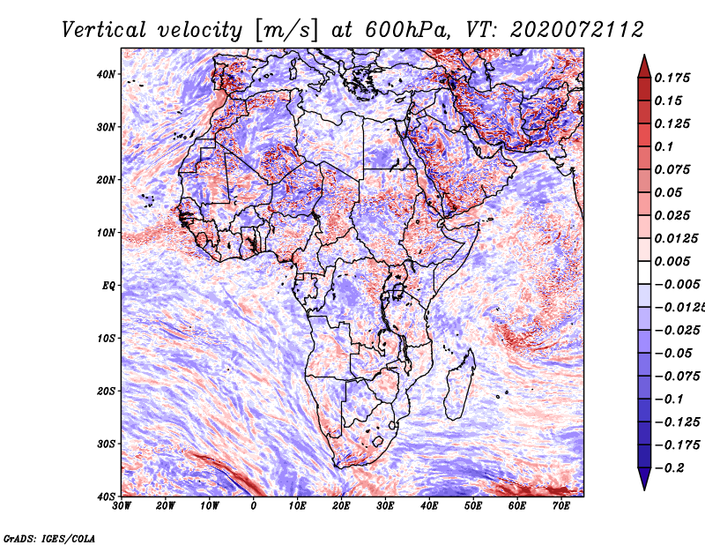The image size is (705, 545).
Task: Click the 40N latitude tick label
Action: [x=106, y=74]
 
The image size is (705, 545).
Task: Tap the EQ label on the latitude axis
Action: [x=108, y=286]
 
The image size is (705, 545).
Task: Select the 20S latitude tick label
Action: [x=106, y=391]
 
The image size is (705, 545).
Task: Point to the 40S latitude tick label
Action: [x=106, y=496]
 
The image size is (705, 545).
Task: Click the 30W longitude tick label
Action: [x=122, y=506]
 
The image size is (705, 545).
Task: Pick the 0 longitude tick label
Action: [x=253, y=506]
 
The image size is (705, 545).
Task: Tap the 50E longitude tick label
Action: [x=473, y=506]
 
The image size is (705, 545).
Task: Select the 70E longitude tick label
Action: [x=560, y=506]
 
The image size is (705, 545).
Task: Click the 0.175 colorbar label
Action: [x=672, y=78]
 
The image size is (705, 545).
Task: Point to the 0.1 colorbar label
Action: [x=664, y=146]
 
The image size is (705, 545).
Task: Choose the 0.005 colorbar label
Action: [x=672, y=261]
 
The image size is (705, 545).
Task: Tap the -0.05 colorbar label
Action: [x=673, y=354]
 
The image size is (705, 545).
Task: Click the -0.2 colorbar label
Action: [x=669, y=468]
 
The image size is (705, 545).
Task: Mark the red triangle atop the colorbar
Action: [x=644, y=66]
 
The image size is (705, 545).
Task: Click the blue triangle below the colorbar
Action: [x=644, y=479]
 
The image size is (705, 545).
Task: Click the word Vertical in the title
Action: [x=104, y=30]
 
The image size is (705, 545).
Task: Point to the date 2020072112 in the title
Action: [x=577, y=30]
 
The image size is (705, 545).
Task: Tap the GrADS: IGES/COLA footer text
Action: [x=49, y=539]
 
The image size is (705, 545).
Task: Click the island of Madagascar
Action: [x=460, y=384]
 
